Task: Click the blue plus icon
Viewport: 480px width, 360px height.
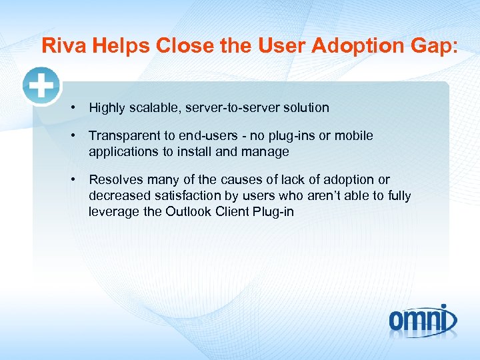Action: (x=41, y=86)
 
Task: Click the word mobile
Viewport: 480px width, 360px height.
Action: (x=353, y=136)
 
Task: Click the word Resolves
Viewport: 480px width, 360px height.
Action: (x=116, y=180)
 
